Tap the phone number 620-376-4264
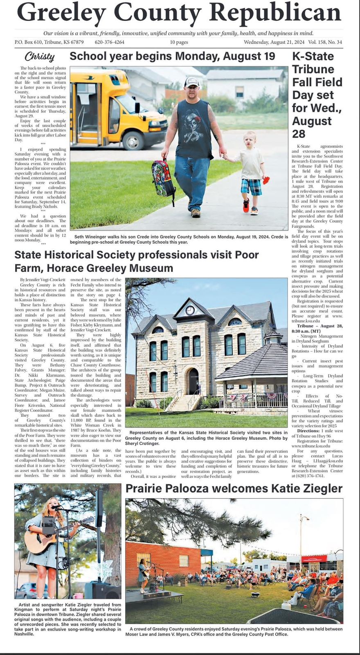(109, 42)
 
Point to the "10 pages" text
(179, 42)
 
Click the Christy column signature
(39, 56)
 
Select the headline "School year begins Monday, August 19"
(172, 56)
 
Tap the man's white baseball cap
(191, 82)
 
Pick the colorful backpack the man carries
(163, 178)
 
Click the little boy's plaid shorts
(251, 187)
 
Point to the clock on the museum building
(190, 310)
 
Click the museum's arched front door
(193, 381)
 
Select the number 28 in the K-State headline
(299, 134)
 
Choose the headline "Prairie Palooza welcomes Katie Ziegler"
(234, 488)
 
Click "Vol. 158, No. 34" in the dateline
(325, 42)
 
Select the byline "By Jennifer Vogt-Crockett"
(42, 280)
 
